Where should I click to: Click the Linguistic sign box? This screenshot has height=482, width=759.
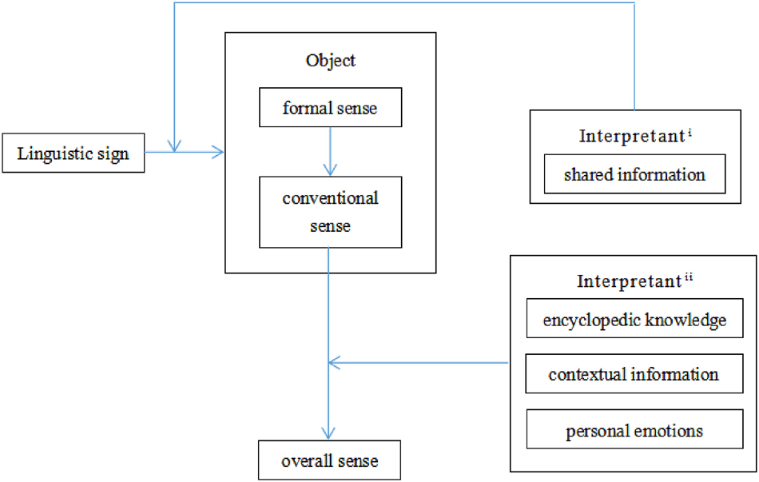tap(73, 153)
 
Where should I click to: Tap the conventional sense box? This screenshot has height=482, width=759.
tap(329, 212)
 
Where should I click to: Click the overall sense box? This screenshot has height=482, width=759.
tap(329, 460)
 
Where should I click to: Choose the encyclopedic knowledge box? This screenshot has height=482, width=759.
tap(634, 321)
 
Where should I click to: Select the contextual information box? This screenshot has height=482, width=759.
tap(634, 374)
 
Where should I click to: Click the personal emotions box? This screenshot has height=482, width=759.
tap(634, 431)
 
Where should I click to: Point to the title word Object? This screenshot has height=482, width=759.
tap(330, 61)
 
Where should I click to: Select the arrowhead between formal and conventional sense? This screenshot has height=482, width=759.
tap(329, 169)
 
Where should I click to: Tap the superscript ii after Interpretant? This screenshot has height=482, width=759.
tap(689, 277)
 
